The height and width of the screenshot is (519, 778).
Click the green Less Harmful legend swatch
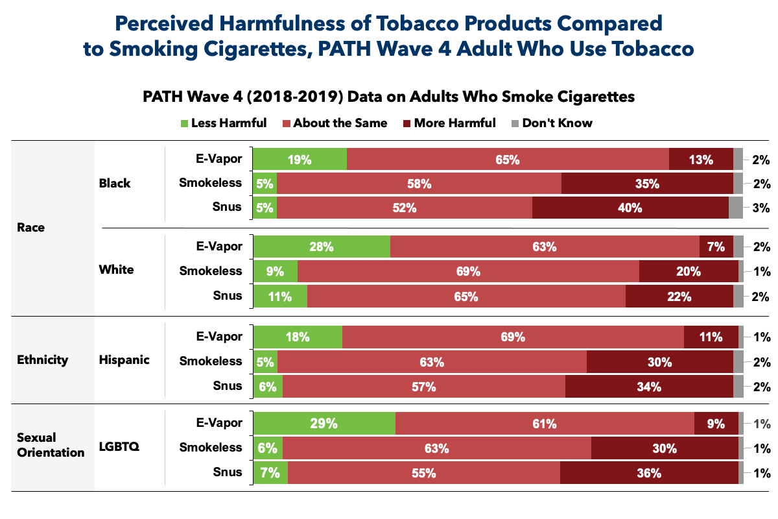[183, 123]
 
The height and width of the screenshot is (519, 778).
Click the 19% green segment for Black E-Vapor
[300, 159]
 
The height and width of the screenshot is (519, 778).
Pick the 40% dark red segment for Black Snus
[630, 208]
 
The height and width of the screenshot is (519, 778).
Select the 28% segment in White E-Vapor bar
[322, 247]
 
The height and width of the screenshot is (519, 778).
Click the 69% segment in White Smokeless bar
[467, 271]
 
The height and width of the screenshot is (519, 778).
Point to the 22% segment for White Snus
[679, 296]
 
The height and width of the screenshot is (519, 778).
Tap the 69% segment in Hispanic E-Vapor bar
[512, 337]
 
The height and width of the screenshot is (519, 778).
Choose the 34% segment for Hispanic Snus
[648, 387]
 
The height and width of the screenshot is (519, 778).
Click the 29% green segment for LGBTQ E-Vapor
[324, 424]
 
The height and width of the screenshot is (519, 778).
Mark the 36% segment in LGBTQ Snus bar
[648, 473]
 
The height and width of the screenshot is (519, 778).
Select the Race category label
[31, 228]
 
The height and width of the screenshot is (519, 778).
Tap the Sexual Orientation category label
[50, 444]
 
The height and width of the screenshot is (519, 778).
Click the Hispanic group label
[124, 360]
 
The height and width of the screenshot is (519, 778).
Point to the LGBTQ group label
[120, 446]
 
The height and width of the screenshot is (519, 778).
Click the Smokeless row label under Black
[210, 184]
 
